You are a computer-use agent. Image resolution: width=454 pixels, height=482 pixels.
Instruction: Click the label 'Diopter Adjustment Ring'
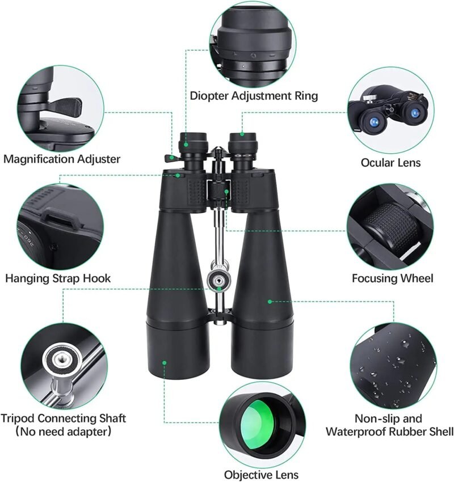click(x=254, y=96)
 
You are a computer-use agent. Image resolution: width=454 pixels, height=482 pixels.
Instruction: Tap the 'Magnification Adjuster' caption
click(x=62, y=159)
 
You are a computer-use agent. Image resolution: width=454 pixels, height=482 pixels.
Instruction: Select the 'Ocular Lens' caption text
click(x=390, y=163)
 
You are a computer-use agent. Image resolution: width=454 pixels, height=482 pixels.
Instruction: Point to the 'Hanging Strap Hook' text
click(x=58, y=278)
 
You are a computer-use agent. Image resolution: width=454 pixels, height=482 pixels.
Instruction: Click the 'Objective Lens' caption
click(x=261, y=475)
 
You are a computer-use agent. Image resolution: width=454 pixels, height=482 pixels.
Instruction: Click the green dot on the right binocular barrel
click(x=270, y=301)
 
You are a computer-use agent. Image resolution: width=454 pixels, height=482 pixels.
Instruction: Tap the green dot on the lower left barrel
click(x=164, y=361)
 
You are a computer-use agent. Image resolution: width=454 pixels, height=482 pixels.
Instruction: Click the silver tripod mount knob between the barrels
click(x=218, y=278)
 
